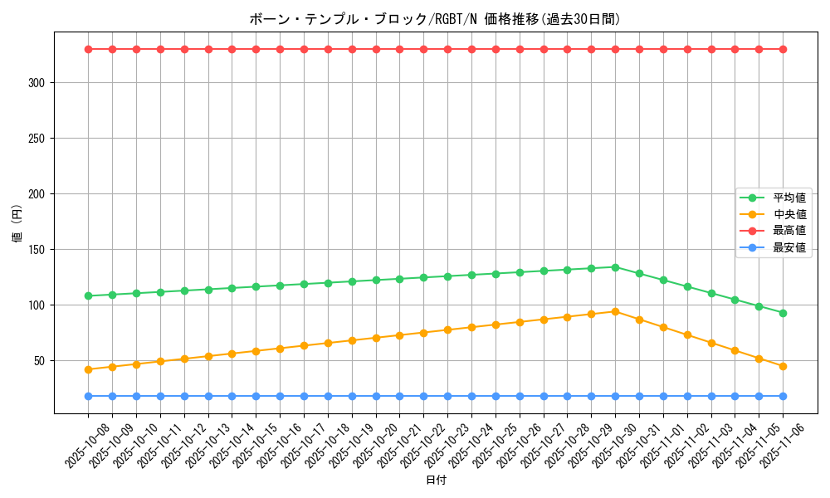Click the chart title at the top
coord(435,19)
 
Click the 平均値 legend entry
coord(788,198)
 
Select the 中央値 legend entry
coord(788,214)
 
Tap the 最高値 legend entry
coord(788,231)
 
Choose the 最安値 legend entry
coord(788,247)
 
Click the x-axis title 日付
coord(436,481)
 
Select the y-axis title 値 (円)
coord(17,223)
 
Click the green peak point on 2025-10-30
coord(615,267)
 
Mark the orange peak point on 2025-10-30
coord(615,311)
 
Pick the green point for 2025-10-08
coord(88,295)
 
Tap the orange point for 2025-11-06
coord(783,366)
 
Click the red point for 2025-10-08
coord(88,49)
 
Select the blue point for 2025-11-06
coord(783,396)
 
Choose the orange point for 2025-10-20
coord(376,338)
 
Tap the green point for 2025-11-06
coord(783,313)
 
